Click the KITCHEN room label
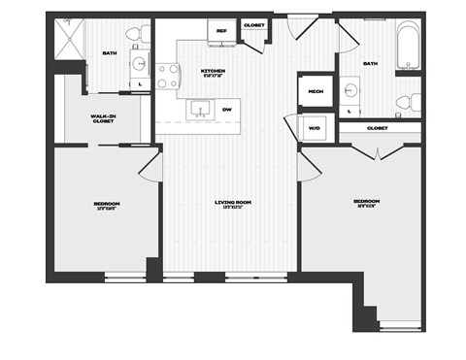214,71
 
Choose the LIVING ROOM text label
233,202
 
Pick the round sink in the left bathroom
138,65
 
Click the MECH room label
315,91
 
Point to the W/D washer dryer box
315,127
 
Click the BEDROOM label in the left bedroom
105,204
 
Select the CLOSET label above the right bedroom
379,127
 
